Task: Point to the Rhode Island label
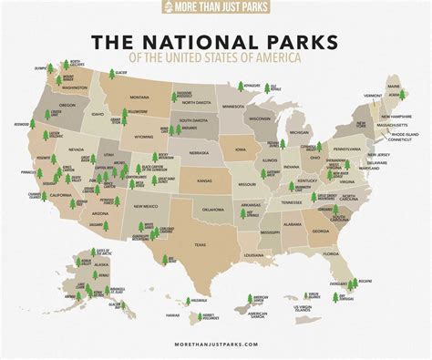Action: (x=386, y=136)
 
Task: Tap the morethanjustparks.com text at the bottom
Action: (x=216, y=346)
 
